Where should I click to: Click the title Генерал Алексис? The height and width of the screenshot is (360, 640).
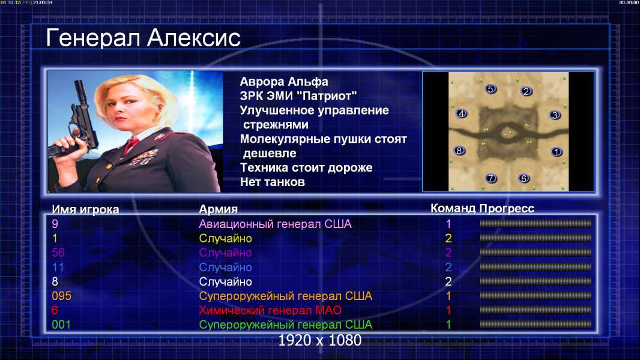[143, 38]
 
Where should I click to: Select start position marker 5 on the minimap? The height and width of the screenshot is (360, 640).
[491, 89]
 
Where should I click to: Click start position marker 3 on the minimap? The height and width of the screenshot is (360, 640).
[555, 115]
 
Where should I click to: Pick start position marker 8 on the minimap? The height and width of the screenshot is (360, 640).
[459, 151]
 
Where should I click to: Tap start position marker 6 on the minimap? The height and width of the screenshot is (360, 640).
[524, 178]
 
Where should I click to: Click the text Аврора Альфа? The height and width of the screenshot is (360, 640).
[283, 82]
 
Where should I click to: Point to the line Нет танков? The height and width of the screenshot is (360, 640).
[272, 182]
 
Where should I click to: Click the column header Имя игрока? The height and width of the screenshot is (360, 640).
[85, 209]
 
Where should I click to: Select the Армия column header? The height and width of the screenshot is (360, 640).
[218, 209]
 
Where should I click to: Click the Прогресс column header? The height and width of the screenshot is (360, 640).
[507, 208]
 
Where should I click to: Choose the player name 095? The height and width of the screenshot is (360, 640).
[62, 296]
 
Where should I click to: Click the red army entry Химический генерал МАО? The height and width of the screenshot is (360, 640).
[270, 310]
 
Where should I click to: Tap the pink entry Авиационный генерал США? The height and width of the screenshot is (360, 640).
[275, 224]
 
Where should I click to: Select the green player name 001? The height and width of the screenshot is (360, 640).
[61, 325]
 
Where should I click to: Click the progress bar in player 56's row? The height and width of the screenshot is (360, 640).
[536, 253]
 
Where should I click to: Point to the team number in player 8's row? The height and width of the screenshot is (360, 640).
[448, 281]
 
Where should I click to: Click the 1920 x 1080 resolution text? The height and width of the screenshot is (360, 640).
[319, 340]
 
